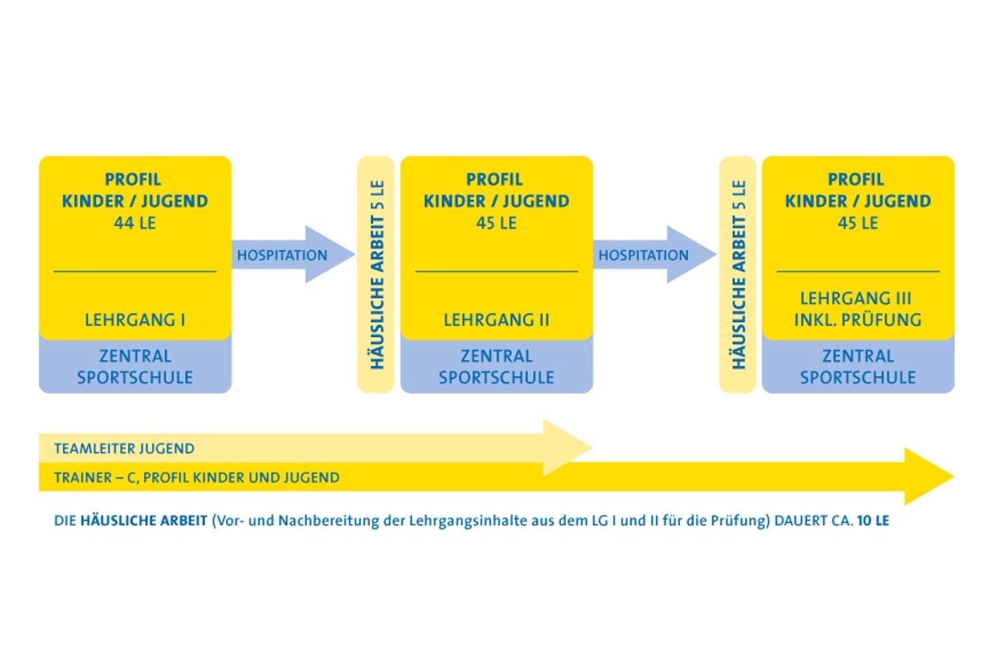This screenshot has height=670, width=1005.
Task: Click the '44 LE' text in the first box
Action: coord(135,223)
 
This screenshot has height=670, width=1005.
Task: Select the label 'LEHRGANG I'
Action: coord(135,319)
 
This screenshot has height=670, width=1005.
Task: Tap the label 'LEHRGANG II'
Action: coord(497,319)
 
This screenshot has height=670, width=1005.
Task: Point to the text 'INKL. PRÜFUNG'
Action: coord(857,319)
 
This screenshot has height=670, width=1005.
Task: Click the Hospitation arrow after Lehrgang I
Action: coord(292,255)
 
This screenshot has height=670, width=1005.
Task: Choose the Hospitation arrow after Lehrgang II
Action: coord(654,255)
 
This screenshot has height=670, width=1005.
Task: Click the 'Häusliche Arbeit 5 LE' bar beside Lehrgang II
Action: coord(376,274)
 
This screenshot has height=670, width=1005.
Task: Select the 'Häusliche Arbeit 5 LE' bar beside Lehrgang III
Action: coord(738,274)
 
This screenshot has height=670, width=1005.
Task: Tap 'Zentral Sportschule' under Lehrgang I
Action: coord(135,367)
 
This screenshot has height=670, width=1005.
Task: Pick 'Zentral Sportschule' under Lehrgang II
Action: coord(497,367)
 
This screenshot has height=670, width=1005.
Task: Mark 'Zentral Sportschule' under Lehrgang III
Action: coord(857,367)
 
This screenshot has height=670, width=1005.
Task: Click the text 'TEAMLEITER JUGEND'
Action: coord(124,449)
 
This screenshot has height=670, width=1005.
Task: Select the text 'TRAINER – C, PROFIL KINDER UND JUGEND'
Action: coord(196,478)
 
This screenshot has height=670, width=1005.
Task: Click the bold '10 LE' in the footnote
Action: coord(873,521)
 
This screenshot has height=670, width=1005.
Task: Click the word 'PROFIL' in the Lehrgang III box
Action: coord(856,179)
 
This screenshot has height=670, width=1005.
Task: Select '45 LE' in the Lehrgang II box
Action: coord(497,223)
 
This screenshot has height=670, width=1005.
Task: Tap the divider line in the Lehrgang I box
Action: coord(135,272)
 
